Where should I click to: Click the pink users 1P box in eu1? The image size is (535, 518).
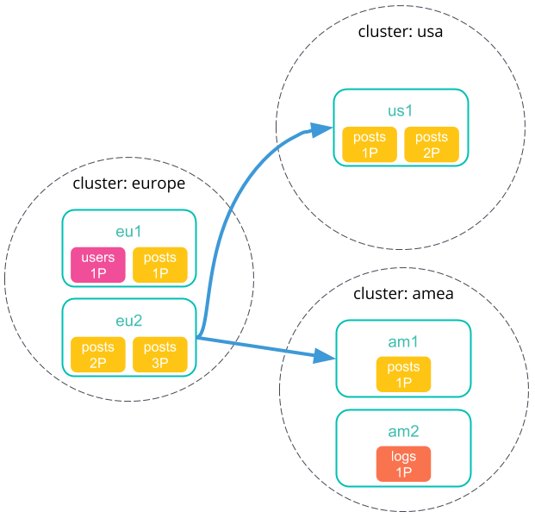[97, 265]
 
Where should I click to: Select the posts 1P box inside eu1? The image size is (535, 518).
[159, 265]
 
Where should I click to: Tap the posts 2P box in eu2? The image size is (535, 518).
[97, 355]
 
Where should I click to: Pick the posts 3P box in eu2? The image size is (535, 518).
[159, 355]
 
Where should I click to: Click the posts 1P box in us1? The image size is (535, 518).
[370, 145]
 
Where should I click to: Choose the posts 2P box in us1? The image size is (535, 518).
[432, 145]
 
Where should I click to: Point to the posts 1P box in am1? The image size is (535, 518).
[403, 375]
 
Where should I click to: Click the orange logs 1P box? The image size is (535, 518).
[403, 465]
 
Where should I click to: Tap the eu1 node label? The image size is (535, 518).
[128, 232]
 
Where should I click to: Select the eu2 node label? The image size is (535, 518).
[128, 321]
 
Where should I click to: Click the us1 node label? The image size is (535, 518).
[401, 111]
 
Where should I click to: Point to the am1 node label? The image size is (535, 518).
[403, 341]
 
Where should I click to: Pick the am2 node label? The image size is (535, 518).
[403, 431]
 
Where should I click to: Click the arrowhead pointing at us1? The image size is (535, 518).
[323, 130]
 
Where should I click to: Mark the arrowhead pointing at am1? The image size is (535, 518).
[325, 356]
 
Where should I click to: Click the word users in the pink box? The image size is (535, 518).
[97, 258]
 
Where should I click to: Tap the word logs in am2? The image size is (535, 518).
[403, 457]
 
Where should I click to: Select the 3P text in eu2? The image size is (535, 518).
[159, 364]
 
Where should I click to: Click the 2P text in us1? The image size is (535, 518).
[432, 153]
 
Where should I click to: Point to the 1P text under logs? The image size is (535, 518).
[403, 473]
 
